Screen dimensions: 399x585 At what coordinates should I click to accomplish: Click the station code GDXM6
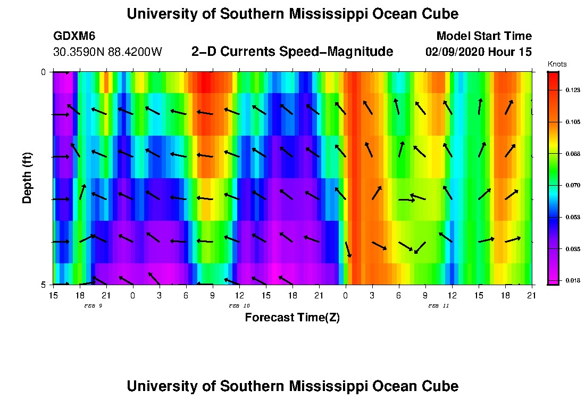point(75,36)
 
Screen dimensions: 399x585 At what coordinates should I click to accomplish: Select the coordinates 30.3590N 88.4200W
point(107,52)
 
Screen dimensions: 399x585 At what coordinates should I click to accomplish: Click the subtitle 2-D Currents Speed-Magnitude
point(292,52)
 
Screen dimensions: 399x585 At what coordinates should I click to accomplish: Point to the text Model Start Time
point(483,36)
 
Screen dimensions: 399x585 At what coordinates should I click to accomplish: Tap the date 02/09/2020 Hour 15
point(478,52)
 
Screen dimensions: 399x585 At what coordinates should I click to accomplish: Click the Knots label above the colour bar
point(557,64)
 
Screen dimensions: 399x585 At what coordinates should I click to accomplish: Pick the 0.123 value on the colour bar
point(572,90)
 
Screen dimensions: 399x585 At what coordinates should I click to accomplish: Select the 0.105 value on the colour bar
point(572,122)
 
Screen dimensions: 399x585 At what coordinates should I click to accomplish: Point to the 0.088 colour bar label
point(572,154)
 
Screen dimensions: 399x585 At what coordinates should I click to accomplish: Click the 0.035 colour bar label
point(572,248)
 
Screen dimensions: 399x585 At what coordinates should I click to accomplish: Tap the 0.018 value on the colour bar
point(572,280)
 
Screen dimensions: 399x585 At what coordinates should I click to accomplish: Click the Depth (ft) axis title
point(27,178)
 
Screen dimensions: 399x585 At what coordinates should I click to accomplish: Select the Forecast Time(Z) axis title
point(292,318)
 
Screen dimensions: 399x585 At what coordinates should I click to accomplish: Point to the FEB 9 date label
point(93,306)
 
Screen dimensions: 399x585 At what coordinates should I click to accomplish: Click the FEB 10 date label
point(239,306)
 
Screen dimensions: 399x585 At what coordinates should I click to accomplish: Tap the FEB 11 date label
point(438,306)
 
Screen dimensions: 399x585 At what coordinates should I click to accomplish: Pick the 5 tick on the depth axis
point(44,285)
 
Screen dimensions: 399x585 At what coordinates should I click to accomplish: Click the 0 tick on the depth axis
point(44,72)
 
